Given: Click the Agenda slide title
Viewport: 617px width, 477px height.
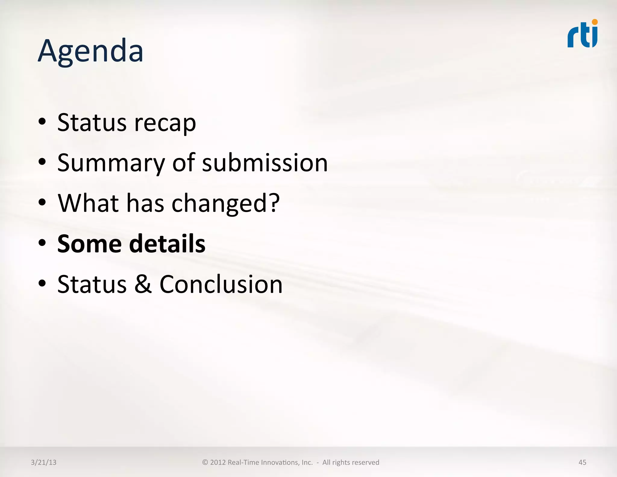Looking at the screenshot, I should point(90,51).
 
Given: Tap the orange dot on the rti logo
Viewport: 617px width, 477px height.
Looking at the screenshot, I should point(595,22).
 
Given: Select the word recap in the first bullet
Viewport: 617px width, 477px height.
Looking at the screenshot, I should point(165,123).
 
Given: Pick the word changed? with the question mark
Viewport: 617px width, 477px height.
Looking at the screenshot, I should point(226,204).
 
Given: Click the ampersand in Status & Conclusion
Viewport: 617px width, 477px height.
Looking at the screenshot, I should point(143,284).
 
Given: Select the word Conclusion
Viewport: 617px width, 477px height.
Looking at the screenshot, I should point(221,284).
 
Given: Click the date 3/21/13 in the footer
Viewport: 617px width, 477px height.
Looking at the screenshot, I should point(44,462).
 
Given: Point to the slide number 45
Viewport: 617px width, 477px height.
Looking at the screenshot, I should point(582,462).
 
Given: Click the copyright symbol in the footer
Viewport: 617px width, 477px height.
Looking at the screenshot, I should point(205,462).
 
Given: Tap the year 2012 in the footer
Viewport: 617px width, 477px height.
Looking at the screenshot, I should point(218,462).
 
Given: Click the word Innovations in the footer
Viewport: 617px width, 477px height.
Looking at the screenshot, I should point(287,462).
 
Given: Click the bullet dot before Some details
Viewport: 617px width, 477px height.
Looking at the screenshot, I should point(42,243).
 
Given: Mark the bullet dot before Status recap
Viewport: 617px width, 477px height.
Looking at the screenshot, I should point(42,122).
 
